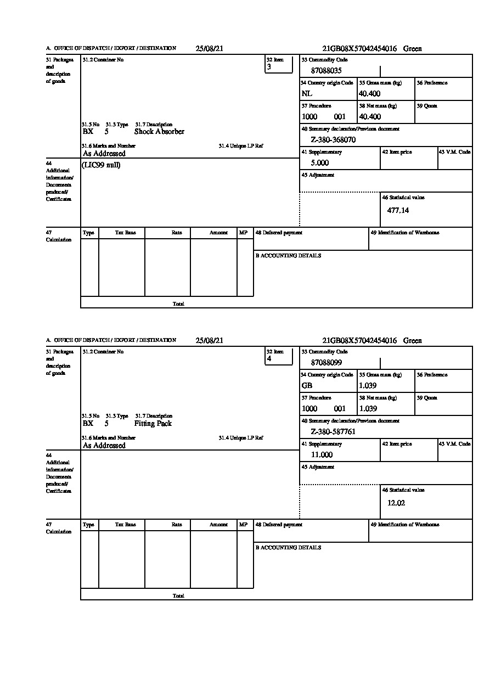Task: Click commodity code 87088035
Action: point(327,71)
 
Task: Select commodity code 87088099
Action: point(327,363)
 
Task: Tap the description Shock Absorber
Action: point(159,132)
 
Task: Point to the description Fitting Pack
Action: point(153,424)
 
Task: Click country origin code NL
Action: point(307,94)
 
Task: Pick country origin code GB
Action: point(307,386)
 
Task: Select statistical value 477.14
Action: point(398,210)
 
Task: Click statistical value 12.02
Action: point(396,503)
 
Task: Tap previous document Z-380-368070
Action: point(333,140)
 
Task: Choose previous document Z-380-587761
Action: point(333,432)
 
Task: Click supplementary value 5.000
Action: point(320,163)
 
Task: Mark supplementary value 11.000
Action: point(322,455)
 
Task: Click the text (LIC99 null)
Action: point(101,165)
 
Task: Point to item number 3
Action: point(269,67)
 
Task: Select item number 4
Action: point(269,359)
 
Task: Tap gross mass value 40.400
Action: point(369,94)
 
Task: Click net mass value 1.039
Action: point(368,409)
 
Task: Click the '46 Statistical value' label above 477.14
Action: point(403,198)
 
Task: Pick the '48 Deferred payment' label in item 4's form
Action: point(279,525)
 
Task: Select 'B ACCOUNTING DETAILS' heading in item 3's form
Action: point(288,256)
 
